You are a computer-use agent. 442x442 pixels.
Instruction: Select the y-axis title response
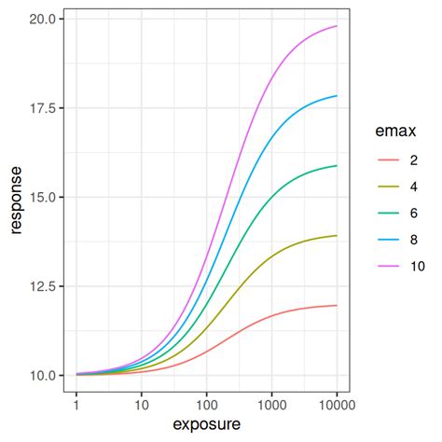tap(16, 198)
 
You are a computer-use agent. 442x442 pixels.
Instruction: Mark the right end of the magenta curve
tap(337, 26)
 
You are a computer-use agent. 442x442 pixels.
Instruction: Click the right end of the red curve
tap(337, 305)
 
